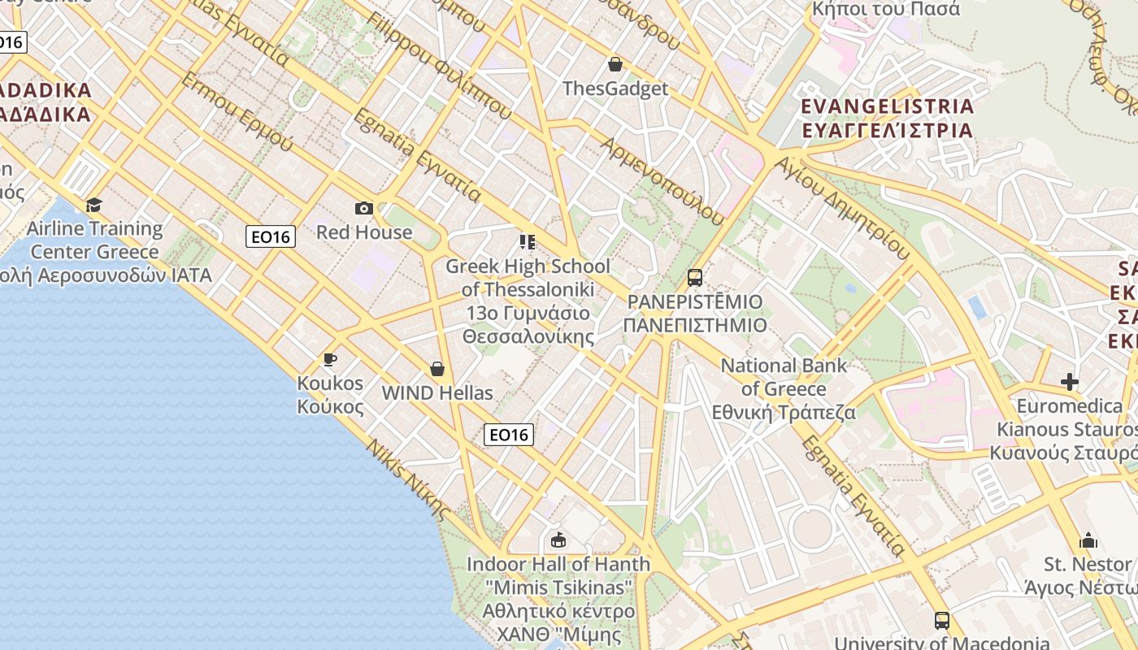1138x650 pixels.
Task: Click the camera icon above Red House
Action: click(x=364, y=209)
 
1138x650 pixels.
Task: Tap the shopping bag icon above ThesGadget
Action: click(x=615, y=64)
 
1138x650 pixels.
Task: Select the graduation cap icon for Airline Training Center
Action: click(x=94, y=205)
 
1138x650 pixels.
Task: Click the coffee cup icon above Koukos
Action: click(x=329, y=359)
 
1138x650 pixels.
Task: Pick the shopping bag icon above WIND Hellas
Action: click(x=437, y=369)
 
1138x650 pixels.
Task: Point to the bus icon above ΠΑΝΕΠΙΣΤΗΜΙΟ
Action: click(x=694, y=278)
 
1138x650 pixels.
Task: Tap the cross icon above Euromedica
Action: click(x=1070, y=382)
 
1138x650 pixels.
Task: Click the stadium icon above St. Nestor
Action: click(x=1088, y=540)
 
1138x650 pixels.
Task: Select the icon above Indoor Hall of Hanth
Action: click(x=558, y=539)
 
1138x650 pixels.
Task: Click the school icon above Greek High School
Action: click(x=528, y=242)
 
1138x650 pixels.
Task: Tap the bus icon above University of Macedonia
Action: click(x=941, y=621)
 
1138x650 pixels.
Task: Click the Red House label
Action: click(x=364, y=232)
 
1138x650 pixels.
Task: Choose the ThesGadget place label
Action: click(x=615, y=89)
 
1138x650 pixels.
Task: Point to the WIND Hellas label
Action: click(x=437, y=393)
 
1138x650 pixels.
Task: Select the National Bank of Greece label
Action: click(x=784, y=388)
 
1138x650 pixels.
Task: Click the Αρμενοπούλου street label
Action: click(x=662, y=181)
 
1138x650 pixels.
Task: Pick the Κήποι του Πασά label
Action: click(x=887, y=10)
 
